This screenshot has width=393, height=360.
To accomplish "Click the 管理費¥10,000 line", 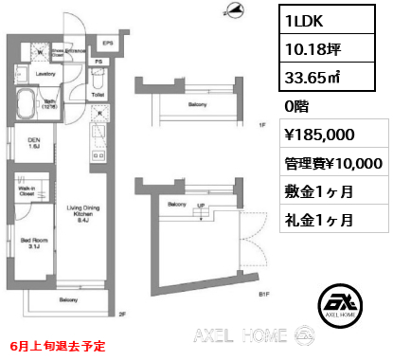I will pyautogui.click(x=332, y=163).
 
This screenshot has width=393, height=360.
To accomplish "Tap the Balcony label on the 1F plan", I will pyautogui.click(x=196, y=104).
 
